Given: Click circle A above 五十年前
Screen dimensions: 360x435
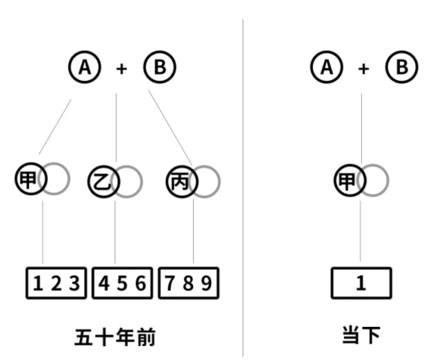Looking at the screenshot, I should (85, 68).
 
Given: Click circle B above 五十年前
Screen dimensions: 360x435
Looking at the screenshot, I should (160, 68).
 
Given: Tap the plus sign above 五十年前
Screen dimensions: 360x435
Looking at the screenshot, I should (122, 69).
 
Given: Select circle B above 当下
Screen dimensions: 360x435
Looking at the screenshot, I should (401, 68).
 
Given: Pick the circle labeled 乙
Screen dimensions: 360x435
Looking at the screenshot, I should (103, 181).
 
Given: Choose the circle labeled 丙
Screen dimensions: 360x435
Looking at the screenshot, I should (181, 181).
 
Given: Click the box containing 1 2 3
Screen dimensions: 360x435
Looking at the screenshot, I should (57, 283).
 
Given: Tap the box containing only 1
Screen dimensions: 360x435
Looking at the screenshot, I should (361, 283).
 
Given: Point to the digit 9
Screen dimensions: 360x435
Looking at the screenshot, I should (207, 283).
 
